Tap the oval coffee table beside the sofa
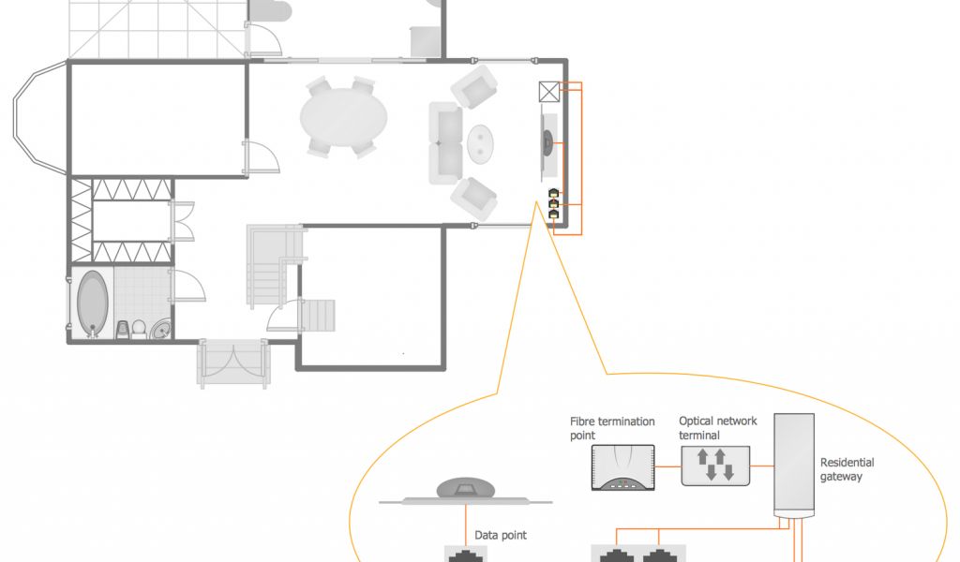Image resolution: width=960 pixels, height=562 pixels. (480, 144)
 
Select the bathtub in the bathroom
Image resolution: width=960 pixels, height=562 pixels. (93, 303)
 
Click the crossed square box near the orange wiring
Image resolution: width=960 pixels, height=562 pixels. (549, 92)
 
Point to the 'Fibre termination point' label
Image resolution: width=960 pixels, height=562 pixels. (612, 428)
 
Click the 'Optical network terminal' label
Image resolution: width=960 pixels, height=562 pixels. (717, 428)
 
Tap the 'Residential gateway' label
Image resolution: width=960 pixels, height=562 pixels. (847, 469)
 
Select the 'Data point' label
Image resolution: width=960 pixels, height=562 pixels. (501, 535)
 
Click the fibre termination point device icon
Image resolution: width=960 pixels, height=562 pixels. (622, 467)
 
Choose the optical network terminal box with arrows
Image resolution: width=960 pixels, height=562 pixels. (715, 466)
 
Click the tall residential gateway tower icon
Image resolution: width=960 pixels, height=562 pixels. (794, 465)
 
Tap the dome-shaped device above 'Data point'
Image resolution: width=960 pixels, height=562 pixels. (465, 489)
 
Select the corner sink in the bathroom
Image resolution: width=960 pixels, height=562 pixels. (160, 329)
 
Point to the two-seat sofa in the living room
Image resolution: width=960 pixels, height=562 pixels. (445, 143)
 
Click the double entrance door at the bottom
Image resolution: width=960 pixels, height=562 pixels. (232, 362)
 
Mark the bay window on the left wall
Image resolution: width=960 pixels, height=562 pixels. (37, 117)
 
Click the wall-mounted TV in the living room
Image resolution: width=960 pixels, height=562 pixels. (548, 143)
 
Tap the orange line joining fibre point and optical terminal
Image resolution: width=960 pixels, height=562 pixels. (667, 466)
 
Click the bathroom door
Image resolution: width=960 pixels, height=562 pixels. (187, 285)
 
